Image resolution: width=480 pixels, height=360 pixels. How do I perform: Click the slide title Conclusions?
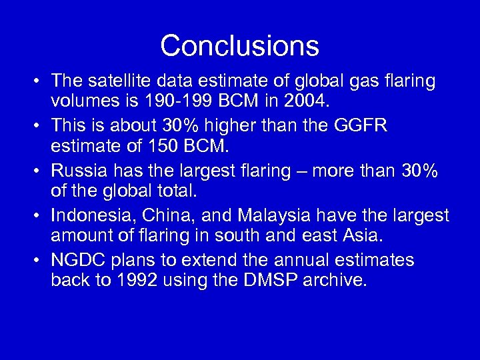(239, 46)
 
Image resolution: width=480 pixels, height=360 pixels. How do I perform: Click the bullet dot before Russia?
(33, 171)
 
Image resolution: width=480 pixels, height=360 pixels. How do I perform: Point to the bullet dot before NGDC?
(33, 261)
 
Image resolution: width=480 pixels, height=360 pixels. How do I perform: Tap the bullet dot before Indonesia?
(33, 216)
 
